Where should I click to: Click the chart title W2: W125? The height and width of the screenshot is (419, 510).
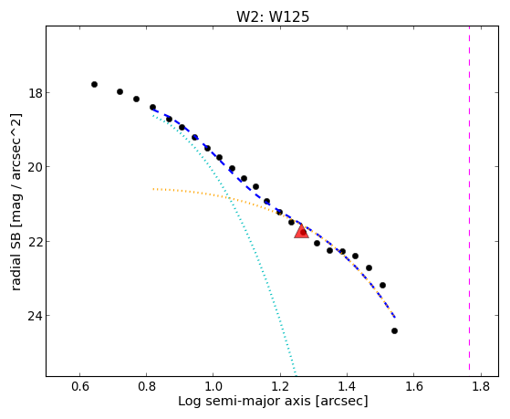click(x=273, y=16)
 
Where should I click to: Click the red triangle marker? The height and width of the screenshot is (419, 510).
click(x=301, y=232)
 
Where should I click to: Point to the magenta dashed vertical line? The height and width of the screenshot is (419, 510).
click(x=469, y=198)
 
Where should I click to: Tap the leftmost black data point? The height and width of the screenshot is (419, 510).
click(x=94, y=84)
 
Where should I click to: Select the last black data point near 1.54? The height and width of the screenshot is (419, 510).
click(x=394, y=330)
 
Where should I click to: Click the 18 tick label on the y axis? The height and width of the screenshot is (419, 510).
click(x=35, y=93)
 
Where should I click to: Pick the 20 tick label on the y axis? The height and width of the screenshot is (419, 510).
click(x=35, y=167)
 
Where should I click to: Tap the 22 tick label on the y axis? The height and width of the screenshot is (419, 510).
click(x=35, y=242)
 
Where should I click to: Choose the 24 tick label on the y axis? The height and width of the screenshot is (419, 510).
click(x=35, y=316)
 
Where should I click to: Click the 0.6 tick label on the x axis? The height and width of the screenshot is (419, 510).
click(x=79, y=386)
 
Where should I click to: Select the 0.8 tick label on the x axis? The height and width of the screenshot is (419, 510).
click(x=146, y=386)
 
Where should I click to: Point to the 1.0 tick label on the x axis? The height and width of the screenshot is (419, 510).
click(x=213, y=386)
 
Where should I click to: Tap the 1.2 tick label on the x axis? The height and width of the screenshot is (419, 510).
click(x=280, y=386)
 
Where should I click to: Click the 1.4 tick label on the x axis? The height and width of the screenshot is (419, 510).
click(x=347, y=386)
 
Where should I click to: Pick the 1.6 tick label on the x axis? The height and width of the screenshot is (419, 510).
click(x=413, y=386)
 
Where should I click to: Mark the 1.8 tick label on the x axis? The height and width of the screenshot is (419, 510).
click(x=480, y=386)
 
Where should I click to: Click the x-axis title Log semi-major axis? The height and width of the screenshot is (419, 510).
click(x=244, y=402)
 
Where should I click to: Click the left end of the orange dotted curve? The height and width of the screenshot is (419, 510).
click(x=153, y=189)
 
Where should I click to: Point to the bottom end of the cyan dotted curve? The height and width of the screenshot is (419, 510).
click(x=296, y=373)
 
